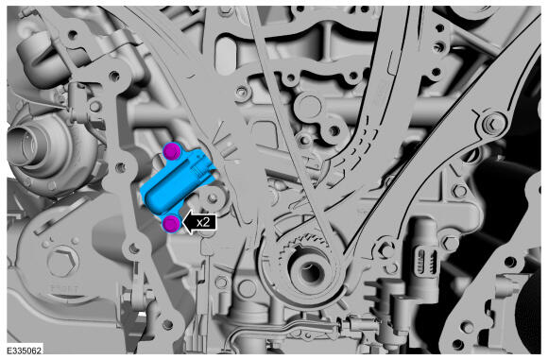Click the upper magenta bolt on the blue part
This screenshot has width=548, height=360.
172,151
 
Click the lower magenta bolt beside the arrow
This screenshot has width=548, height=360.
172,223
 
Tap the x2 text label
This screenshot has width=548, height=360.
203,222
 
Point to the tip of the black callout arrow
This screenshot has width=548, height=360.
182,223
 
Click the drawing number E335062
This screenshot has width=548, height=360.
25,351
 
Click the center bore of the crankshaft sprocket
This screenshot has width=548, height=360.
309,272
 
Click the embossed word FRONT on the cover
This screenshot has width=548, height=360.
65,289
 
